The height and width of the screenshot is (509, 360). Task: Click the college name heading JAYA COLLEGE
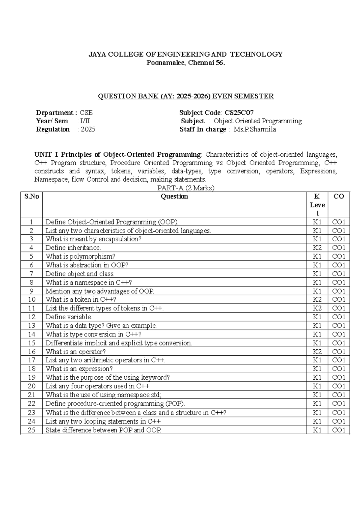click(185, 54)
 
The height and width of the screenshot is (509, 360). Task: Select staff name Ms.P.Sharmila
click(255, 129)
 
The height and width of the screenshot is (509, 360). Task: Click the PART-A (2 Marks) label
click(186, 188)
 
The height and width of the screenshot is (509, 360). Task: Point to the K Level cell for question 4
click(317, 248)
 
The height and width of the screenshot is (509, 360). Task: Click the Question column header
click(174, 197)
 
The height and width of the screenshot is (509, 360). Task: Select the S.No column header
click(31, 197)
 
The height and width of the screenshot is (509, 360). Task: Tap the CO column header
click(339, 197)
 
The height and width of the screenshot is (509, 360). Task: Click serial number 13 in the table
click(31, 326)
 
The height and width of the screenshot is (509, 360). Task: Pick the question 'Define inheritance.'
click(73, 248)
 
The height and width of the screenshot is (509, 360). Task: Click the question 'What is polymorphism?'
click(80, 257)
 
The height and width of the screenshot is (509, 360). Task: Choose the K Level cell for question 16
click(317, 352)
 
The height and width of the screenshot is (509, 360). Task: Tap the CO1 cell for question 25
click(339, 430)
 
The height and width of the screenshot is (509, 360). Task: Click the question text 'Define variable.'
click(69, 317)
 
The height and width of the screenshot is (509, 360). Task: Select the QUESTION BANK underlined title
click(186, 96)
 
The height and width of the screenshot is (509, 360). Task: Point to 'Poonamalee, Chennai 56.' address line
click(185, 63)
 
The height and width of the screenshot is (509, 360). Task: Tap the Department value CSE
click(86, 113)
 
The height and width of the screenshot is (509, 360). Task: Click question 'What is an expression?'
click(79, 369)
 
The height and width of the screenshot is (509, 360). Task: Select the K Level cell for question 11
click(317, 308)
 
